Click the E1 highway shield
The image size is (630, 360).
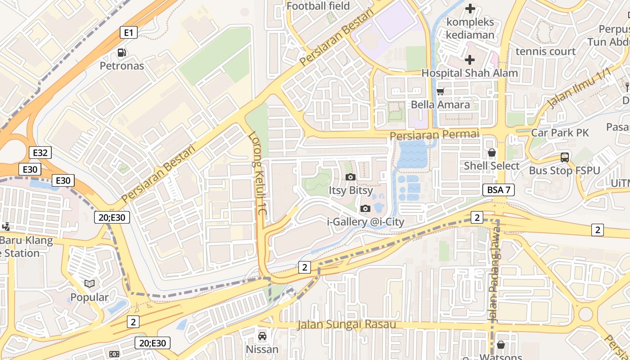129,32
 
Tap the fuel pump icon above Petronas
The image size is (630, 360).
121,53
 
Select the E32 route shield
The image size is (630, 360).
40,153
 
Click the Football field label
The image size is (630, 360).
318,6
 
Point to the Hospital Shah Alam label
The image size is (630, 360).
469,73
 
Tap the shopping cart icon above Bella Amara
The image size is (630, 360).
441,91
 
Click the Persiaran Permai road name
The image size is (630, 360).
434,135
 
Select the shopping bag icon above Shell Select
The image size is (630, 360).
492,153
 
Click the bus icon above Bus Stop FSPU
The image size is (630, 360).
565,157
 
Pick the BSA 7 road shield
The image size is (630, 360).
499,189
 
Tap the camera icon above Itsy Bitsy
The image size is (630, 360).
351,177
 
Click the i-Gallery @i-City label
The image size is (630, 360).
365,221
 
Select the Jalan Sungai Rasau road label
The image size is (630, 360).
346,324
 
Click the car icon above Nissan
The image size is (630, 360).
262,336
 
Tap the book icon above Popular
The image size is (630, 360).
90,283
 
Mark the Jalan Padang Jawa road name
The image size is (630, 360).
495,279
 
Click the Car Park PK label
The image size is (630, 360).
560,133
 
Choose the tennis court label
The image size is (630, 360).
545,51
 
